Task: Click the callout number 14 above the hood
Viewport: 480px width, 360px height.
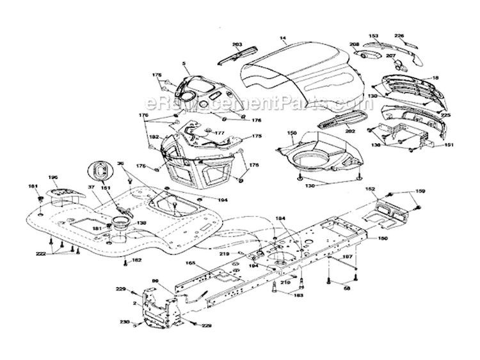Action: point(282,40)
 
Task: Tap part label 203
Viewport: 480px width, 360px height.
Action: point(237,45)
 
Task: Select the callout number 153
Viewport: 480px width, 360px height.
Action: point(374,36)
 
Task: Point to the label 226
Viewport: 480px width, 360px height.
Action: point(399,36)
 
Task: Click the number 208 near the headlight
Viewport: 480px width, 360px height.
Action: point(354,44)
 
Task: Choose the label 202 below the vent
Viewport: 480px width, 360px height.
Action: point(350,131)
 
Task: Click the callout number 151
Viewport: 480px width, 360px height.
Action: point(449,145)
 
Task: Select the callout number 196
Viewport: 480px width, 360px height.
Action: point(53,178)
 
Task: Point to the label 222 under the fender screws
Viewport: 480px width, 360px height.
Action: point(42,254)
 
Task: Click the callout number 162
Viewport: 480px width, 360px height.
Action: point(136,261)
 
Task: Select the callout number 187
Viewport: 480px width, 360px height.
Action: point(348,258)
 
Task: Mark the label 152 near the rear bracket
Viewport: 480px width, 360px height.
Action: point(370,190)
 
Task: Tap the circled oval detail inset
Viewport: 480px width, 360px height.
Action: point(99,171)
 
